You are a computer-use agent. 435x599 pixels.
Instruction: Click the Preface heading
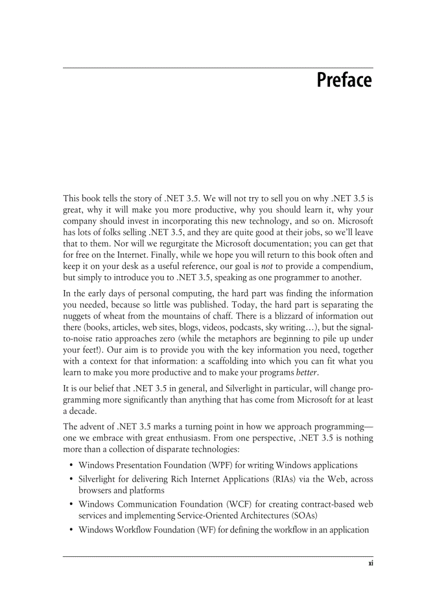coord(344,81)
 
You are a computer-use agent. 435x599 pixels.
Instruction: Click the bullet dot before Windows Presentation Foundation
coord(71,466)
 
